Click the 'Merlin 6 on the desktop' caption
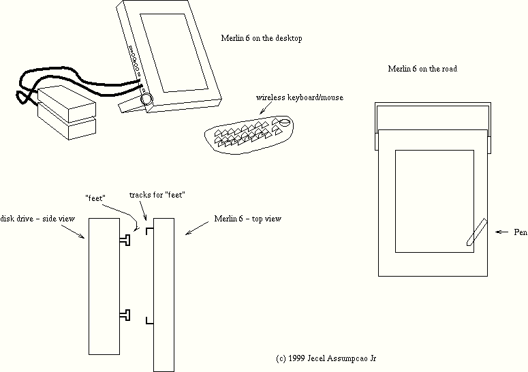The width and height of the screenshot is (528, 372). pyautogui.click(x=262, y=39)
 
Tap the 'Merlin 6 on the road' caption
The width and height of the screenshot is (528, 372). pyautogui.click(x=422, y=69)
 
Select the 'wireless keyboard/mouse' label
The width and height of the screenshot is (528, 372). pyautogui.click(x=299, y=97)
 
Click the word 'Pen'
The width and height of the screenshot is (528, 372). pyautogui.click(x=521, y=232)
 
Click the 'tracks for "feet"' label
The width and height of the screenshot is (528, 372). pyautogui.click(x=157, y=196)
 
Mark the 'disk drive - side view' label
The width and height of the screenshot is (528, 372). pyautogui.click(x=37, y=218)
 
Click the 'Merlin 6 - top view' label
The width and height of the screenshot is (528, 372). pyautogui.click(x=247, y=219)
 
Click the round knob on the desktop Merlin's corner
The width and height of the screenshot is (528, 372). pyautogui.click(x=146, y=99)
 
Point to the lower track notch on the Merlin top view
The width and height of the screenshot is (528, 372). pyautogui.click(x=151, y=320)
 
